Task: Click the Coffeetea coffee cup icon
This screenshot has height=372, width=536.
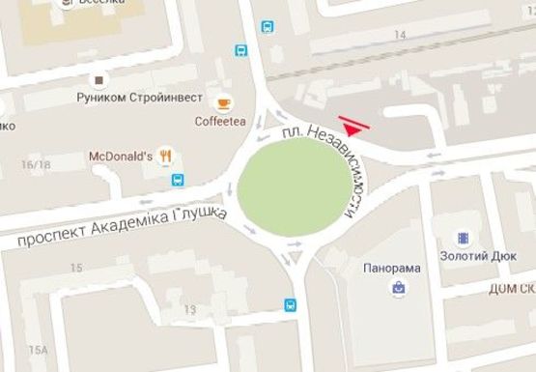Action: click(x=223, y=102)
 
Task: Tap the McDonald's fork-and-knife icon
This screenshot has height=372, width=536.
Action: click(x=166, y=155)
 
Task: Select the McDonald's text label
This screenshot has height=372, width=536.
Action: click(x=122, y=156)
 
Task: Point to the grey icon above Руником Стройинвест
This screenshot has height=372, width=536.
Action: click(x=97, y=79)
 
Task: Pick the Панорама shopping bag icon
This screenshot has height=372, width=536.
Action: click(x=397, y=288)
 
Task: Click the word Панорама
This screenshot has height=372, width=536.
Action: click(x=392, y=268)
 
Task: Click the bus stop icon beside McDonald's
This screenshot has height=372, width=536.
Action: click(x=177, y=180)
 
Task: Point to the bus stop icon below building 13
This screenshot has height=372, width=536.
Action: click(x=290, y=305)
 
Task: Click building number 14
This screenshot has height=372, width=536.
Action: click(x=399, y=34)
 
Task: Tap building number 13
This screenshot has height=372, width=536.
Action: click(x=189, y=309)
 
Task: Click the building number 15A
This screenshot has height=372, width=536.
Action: click(x=38, y=350)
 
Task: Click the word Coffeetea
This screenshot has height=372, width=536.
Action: click(x=221, y=121)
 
